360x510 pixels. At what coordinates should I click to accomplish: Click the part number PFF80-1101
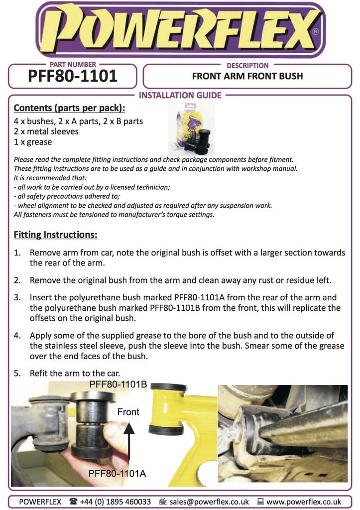click(x=73, y=76)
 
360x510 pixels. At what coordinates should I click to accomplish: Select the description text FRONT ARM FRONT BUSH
click(x=247, y=76)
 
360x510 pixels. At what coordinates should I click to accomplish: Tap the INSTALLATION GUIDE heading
click(x=180, y=95)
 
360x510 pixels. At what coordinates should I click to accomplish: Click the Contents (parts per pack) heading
click(x=69, y=108)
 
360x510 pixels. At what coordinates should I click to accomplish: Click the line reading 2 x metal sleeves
click(x=46, y=131)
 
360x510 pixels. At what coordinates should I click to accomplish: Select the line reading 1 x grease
click(x=33, y=142)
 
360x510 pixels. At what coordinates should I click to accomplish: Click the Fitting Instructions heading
click(x=55, y=234)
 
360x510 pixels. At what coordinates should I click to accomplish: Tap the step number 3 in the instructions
click(x=17, y=297)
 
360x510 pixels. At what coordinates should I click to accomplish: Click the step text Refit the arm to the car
click(x=75, y=373)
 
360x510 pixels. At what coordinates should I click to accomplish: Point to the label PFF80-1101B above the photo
click(x=118, y=384)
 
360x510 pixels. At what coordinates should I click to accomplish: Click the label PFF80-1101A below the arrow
click(x=117, y=474)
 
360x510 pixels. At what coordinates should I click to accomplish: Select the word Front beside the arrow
click(x=128, y=412)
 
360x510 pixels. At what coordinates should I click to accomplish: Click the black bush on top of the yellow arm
click(x=168, y=387)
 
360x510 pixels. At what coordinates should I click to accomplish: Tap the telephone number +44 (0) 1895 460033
click(x=117, y=502)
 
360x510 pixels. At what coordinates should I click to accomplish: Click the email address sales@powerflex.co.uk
click(x=209, y=502)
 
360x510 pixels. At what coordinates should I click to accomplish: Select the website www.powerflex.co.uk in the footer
click(x=303, y=502)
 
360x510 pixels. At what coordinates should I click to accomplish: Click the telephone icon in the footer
click(x=74, y=502)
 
